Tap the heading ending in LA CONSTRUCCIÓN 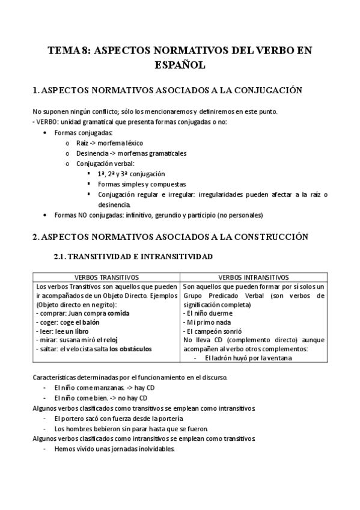pyautogui.click(x=170, y=236)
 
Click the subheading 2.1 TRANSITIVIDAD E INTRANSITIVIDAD pyautogui.click(x=133, y=256)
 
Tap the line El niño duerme pyautogui.click(x=208, y=313)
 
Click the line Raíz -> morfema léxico pyautogui.click(x=111, y=143)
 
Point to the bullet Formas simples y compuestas pyautogui.click(x=142, y=184)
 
